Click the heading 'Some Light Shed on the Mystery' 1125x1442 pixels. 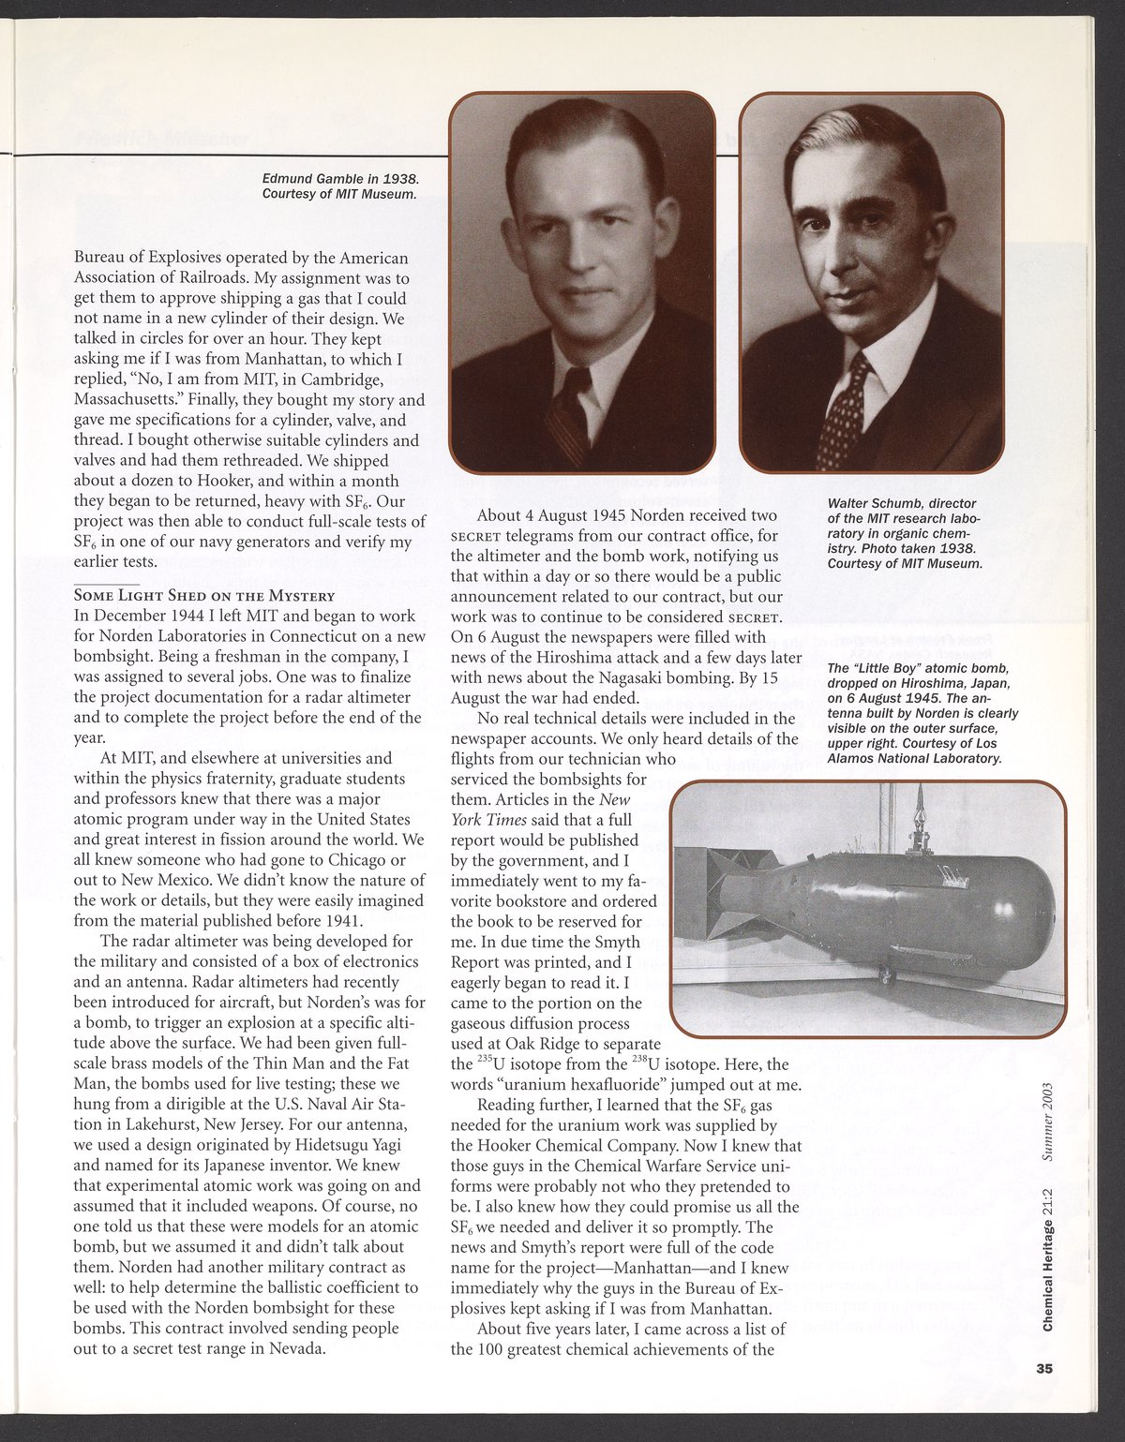tap(203, 596)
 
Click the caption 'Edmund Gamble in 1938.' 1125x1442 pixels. tap(339, 178)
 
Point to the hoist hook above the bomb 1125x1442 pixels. tap(919, 825)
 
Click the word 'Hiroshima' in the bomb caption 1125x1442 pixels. tap(928, 683)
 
